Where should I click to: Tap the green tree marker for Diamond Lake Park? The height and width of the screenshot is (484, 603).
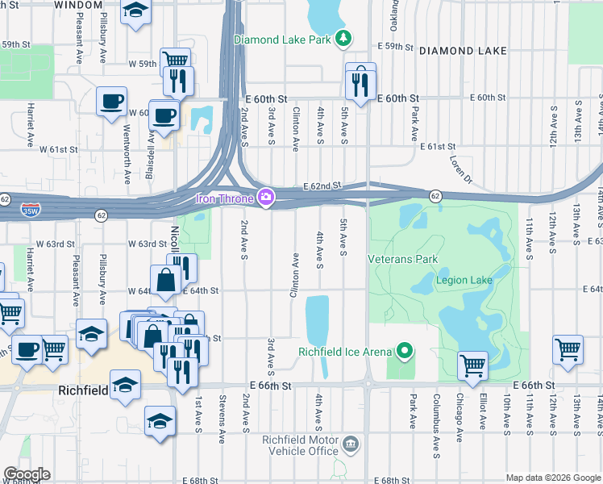(343, 38)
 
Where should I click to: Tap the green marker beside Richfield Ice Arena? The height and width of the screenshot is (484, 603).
(405, 351)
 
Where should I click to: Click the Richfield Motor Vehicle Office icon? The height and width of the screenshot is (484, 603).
(350, 444)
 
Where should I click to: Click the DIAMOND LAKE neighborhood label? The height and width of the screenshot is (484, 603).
(463, 51)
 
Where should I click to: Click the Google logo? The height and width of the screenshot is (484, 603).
(26, 474)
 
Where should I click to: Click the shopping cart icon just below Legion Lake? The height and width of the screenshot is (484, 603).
(472, 365)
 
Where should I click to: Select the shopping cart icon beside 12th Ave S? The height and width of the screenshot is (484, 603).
(568, 350)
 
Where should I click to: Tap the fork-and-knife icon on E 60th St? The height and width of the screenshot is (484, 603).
(359, 82)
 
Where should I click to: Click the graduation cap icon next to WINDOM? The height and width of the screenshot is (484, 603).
(135, 11)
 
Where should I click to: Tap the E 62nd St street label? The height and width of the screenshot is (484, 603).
(318, 186)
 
